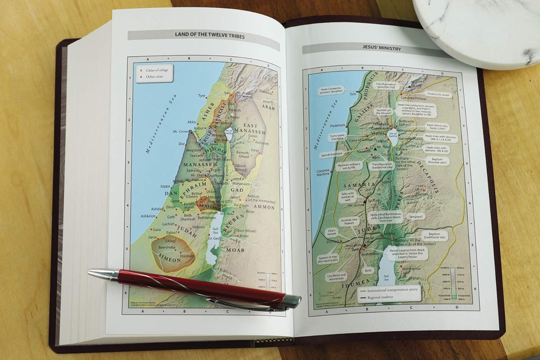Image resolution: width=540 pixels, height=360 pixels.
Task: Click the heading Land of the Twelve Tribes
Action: [203, 35]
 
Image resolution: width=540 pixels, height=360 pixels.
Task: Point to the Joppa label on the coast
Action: [165, 186]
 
